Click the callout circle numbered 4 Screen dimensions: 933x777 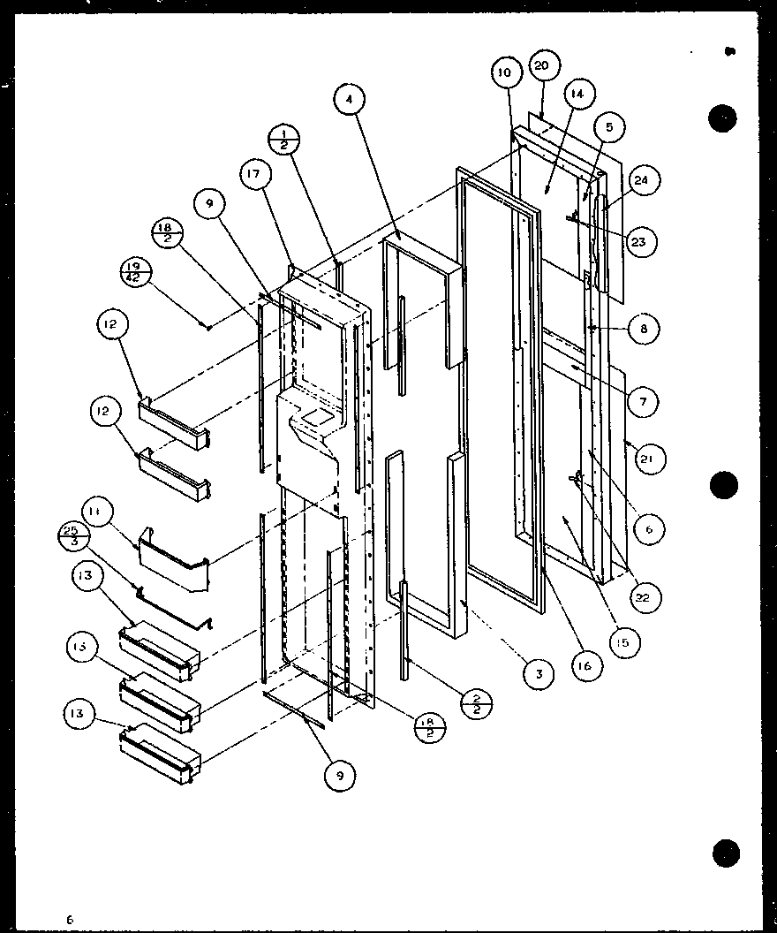pos(350,101)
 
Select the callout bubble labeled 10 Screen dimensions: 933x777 pos(504,73)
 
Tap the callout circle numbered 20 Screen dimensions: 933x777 pos(541,66)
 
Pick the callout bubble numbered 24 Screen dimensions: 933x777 pos(639,182)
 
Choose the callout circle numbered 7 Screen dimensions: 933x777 pos(642,402)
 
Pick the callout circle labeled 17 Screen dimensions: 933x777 pos(254,175)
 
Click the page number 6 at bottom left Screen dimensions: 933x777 pos(68,920)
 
